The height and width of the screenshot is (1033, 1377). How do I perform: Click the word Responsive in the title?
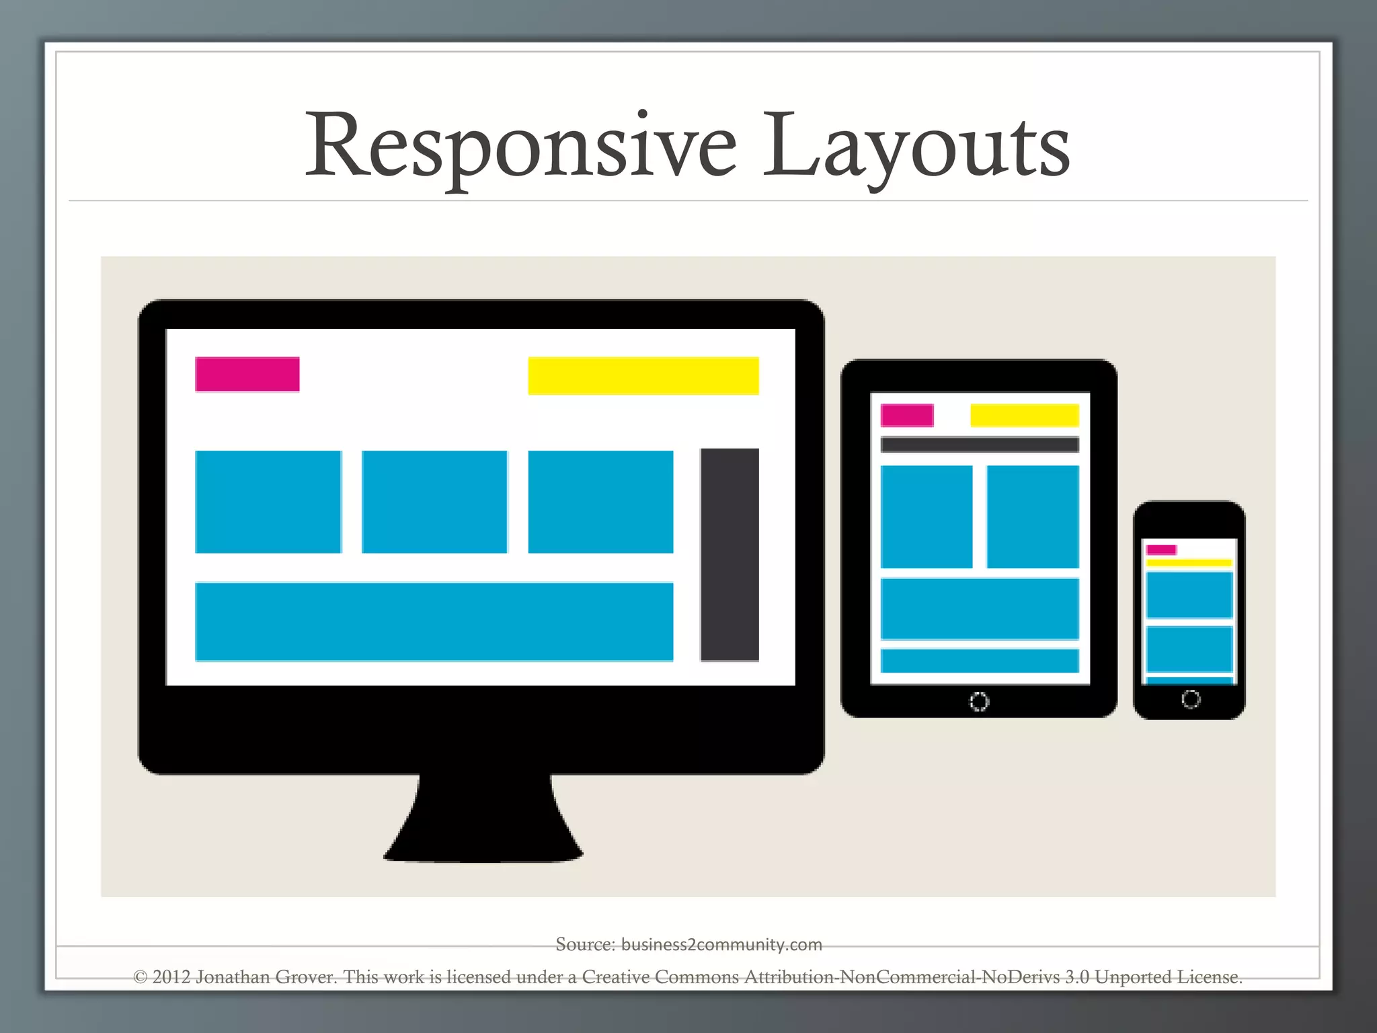tap(521, 147)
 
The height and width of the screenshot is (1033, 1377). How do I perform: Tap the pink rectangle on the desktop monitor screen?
tap(247, 374)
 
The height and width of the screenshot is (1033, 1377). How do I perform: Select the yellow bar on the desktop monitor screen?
tap(643, 375)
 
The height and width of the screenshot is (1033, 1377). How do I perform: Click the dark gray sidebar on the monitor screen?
tap(730, 554)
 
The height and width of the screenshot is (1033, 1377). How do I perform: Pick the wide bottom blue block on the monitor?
tap(434, 621)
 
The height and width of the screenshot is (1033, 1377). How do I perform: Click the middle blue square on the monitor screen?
tap(434, 502)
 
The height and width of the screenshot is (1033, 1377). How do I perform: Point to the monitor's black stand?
tap(483, 824)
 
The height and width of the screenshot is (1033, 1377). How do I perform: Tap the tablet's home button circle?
tap(978, 701)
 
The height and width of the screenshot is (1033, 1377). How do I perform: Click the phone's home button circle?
tap(1190, 699)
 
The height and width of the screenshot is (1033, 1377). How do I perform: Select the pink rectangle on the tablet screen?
tap(907, 415)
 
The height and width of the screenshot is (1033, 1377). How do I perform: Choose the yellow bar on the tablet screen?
tap(1024, 415)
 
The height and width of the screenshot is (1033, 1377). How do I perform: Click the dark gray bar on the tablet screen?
tap(979, 445)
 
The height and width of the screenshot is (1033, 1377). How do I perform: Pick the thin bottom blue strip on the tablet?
tap(979, 660)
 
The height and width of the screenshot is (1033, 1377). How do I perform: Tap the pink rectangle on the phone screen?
tap(1161, 549)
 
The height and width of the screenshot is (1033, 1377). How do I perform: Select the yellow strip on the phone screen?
tap(1189, 563)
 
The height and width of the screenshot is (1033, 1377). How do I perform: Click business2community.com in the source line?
tap(721, 944)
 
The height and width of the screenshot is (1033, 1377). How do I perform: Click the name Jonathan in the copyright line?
tap(233, 977)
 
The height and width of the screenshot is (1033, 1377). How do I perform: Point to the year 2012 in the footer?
tap(171, 977)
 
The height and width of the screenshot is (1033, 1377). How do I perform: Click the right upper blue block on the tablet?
tap(1032, 516)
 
